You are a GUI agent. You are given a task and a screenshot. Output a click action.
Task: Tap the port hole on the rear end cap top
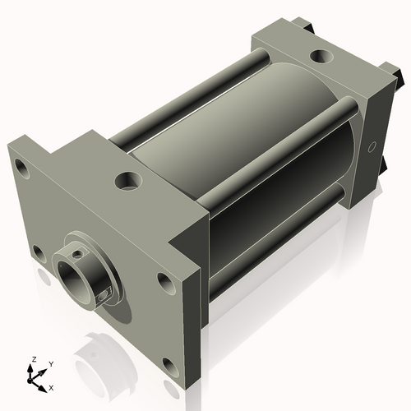(317, 58)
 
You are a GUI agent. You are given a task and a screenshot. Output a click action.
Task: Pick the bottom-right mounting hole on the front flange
(169, 364)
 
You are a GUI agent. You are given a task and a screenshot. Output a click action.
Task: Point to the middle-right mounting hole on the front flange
(164, 283)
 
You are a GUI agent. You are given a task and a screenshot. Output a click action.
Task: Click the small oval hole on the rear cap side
(372, 147)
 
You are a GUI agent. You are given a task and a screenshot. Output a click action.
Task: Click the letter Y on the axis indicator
(50, 363)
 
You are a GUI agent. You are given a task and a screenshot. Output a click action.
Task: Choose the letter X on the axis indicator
(51, 386)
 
